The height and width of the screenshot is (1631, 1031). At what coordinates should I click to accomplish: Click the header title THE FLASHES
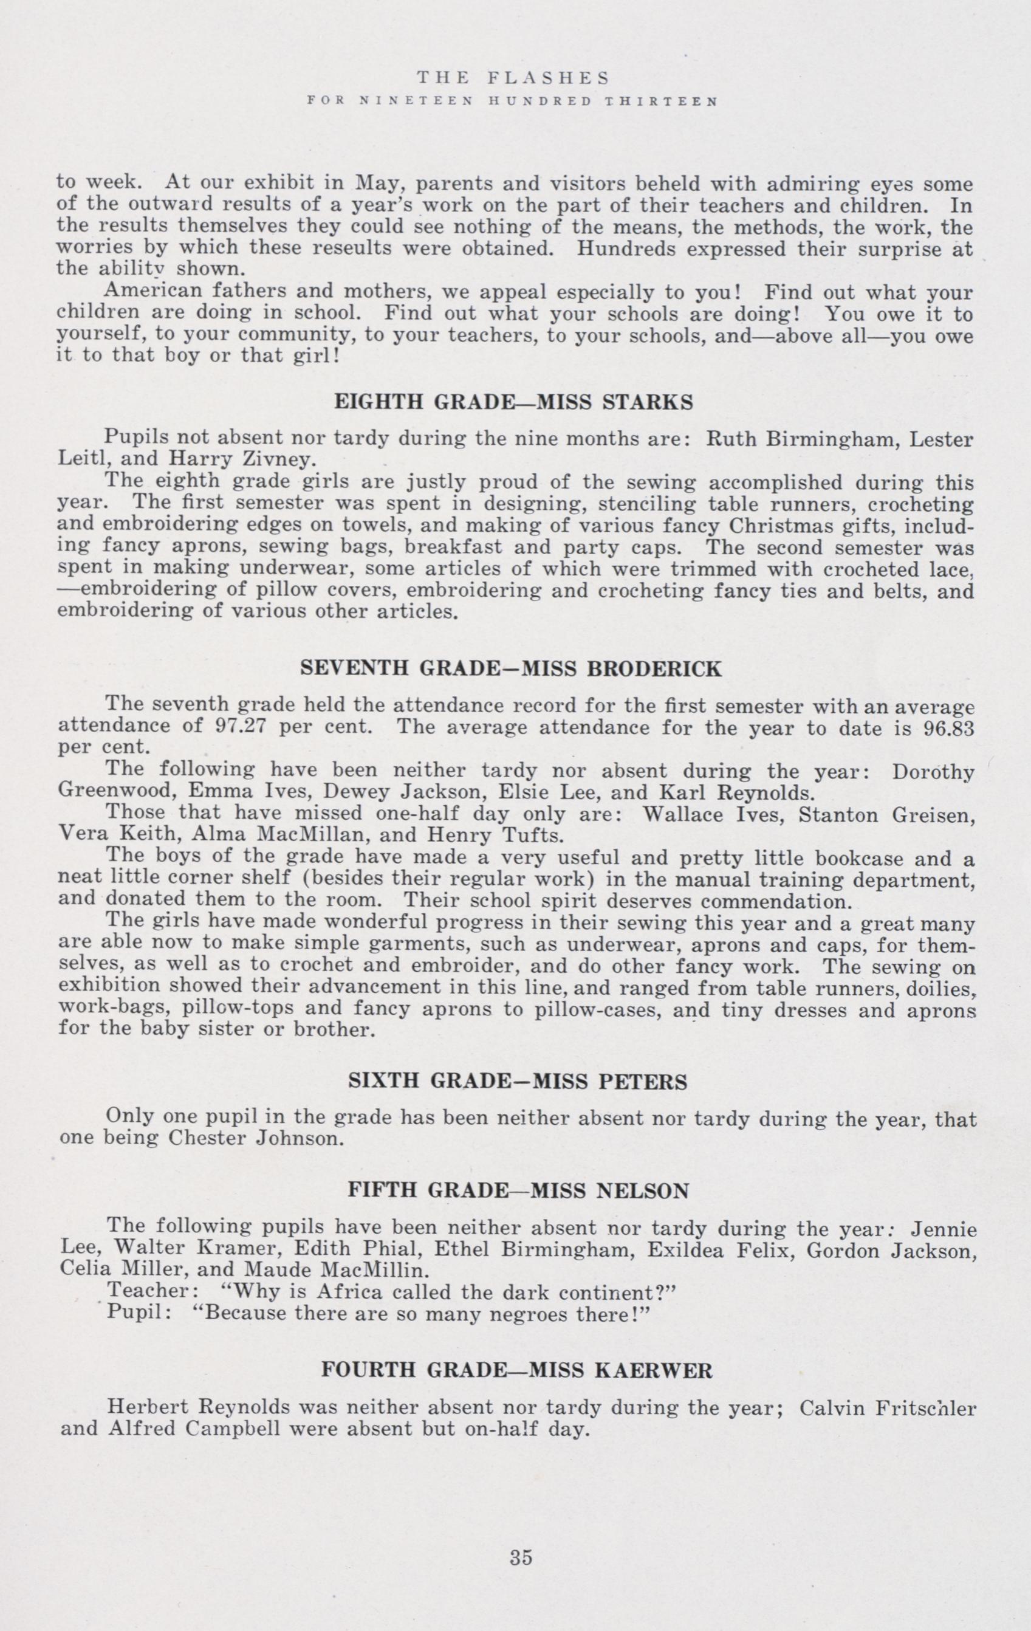pos(513,78)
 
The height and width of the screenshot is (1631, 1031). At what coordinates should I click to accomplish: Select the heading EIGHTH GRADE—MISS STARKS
pos(514,403)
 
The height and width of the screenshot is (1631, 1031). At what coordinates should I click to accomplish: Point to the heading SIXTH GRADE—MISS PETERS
pos(517,1082)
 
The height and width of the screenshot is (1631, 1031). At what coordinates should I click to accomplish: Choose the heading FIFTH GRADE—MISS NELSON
pos(518,1209)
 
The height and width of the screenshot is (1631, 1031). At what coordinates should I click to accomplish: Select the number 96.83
pos(948,728)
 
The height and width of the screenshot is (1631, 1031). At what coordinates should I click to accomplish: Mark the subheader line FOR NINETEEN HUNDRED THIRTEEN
pos(513,102)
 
